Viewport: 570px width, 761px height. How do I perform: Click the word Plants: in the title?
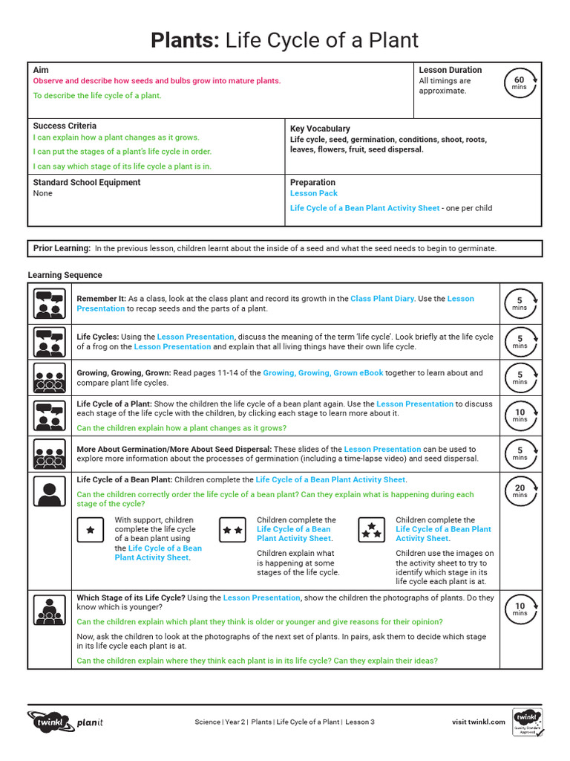coord(185,40)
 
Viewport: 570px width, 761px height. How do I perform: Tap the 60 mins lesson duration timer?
coord(519,83)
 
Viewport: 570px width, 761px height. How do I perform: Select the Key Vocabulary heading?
coord(320,129)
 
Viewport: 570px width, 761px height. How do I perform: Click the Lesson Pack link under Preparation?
coord(313,193)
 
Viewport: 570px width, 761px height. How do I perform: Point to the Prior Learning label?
coord(62,248)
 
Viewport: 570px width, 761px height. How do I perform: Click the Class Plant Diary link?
coord(382,299)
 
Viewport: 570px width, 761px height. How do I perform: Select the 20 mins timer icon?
coord(520,490)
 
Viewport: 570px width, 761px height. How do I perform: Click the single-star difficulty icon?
coord(90,530)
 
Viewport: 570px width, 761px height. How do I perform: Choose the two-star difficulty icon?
coord(232,530)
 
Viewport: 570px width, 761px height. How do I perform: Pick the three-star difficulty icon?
coord(371,530)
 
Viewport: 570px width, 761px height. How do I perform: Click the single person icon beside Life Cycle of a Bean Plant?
coord(50,490)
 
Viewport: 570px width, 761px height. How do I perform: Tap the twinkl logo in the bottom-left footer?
coord(49,722)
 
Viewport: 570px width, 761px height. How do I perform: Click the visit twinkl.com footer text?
coord(478,722)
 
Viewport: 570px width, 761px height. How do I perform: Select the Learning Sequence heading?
coord(65,275)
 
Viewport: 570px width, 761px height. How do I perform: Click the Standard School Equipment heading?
coord(86,182)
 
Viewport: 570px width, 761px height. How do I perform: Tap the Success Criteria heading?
coord(65,126)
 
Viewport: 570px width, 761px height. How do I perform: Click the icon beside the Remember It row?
coord(50,303)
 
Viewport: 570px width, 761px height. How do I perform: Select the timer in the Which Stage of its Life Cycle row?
coord(520,609)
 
